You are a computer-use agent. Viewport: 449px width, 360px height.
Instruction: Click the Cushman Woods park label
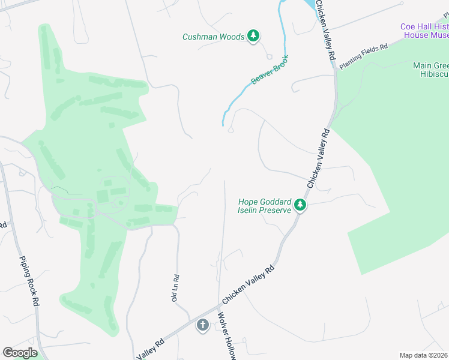pos(213,37)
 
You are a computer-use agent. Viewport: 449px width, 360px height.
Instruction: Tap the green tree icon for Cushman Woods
pos(253,37)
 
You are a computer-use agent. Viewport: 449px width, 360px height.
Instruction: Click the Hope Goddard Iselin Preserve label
pos(265,206)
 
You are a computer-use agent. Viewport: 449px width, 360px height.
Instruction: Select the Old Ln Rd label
pos(176,287)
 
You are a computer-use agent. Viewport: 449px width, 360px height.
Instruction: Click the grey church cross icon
pos(203,326)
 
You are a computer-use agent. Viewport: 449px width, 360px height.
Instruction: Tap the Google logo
pos(20,353)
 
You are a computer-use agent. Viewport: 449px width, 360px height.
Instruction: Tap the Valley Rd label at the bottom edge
pos(150,349)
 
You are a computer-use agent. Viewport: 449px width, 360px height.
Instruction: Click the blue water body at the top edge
pos(309,5)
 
